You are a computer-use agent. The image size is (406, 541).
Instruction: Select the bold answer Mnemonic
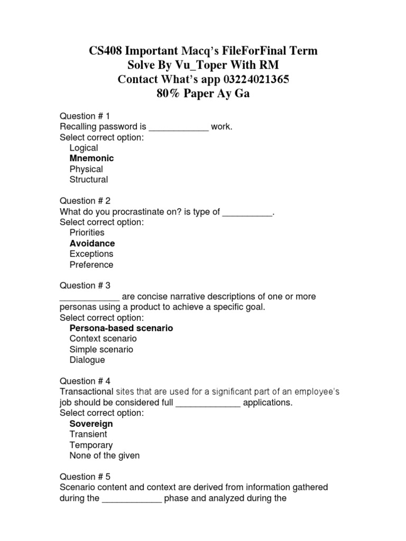(x=91, y=158)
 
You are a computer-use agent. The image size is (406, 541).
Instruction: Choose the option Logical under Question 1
(x=84, y=148)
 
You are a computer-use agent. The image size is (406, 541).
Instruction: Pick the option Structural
(x=88, y=179)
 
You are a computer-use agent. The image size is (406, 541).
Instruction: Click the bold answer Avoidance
(x=92, y=243)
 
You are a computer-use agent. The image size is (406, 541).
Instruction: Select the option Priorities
(x=87, y=232)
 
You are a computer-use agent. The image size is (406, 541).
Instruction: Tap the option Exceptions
(x=91, y=254)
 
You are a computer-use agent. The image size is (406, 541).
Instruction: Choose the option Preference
(x=91, y=264)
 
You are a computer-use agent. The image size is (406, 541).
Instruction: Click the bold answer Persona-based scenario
(x=121, y=328)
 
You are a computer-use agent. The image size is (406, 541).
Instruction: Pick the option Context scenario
(x=103, y=339)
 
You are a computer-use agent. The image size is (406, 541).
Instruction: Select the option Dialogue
(x=87, y=360)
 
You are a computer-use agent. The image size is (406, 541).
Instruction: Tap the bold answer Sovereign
(x=91, y=424)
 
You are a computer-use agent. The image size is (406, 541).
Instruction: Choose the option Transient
(x=88, y=434)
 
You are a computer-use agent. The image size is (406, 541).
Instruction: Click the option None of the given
(x=105, y=455)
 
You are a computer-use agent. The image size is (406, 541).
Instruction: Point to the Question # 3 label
(x=85, y=285)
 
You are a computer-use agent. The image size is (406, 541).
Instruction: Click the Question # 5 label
(x=85, y=477)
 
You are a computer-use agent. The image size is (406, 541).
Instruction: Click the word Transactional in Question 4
(x=87, y=391)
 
